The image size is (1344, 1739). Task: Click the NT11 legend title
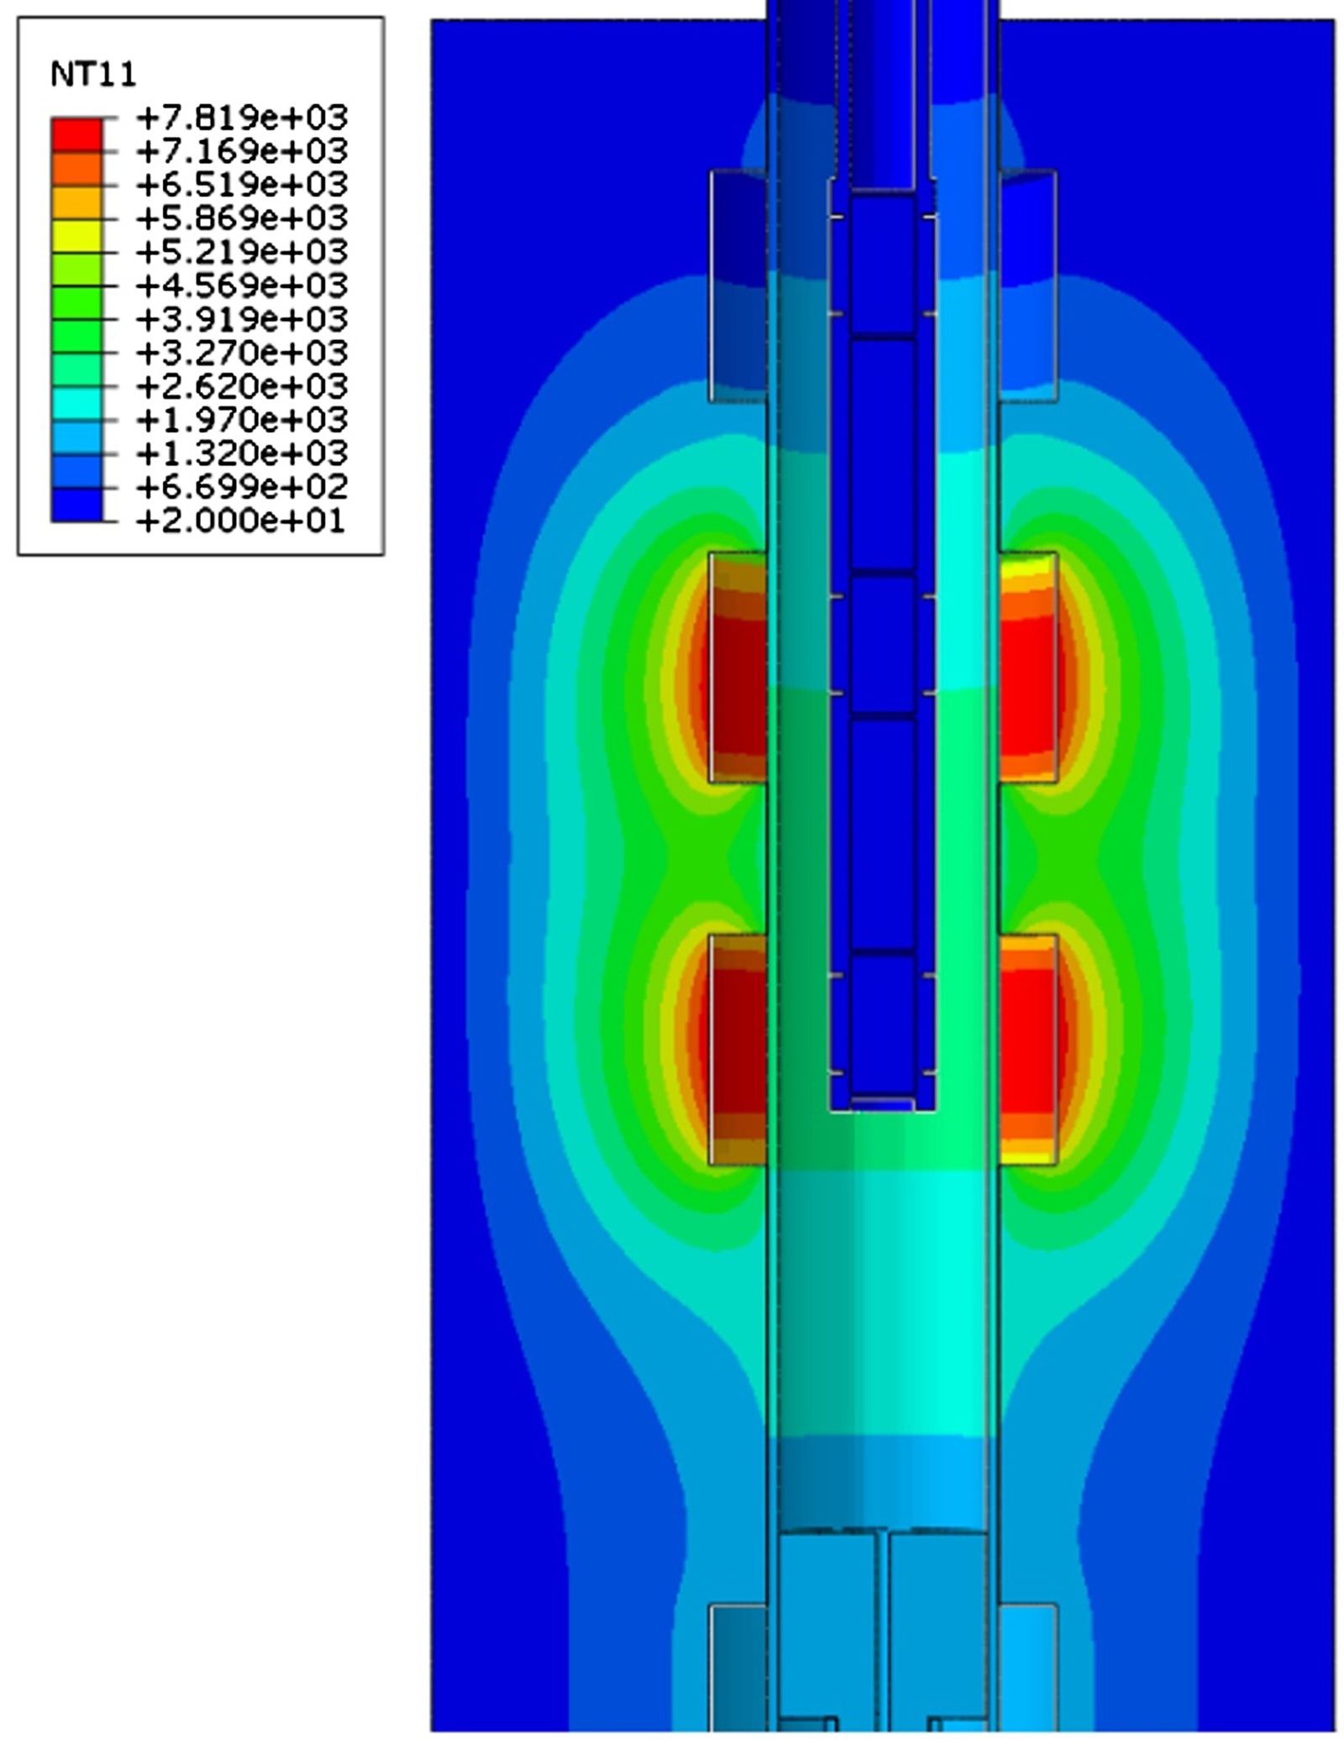pyautogui.click(x=93, y=76)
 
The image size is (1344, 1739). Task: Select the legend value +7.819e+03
pyautogui.click(x=242, y=118)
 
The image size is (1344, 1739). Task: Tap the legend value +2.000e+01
pyautogui.click(x=240, y=521)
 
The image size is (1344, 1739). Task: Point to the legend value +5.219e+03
pyautogui.click(x=242, y=252)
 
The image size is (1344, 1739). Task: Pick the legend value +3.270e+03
pyautogui.click(x=242, y=353)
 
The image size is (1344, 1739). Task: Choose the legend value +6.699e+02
pyautogui.click(x=242, y=487)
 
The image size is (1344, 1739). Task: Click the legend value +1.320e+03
pyautogui.click(x=242, y=453)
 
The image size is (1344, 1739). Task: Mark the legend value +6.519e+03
pyautogui.click(x=242, y=185)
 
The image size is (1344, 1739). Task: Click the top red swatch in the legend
pyautogui.click(x=76, y=134)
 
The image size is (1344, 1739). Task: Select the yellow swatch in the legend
pyautogui.click(x=76, y=236)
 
